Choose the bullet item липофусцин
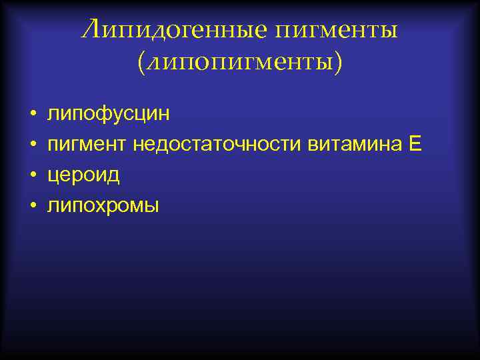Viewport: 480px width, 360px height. (108, 114)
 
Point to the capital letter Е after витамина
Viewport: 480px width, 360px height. (415, 144)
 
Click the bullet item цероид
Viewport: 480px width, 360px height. (83, 175)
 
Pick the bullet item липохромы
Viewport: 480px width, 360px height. (103, 206)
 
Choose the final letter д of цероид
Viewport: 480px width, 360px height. (113, 176)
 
